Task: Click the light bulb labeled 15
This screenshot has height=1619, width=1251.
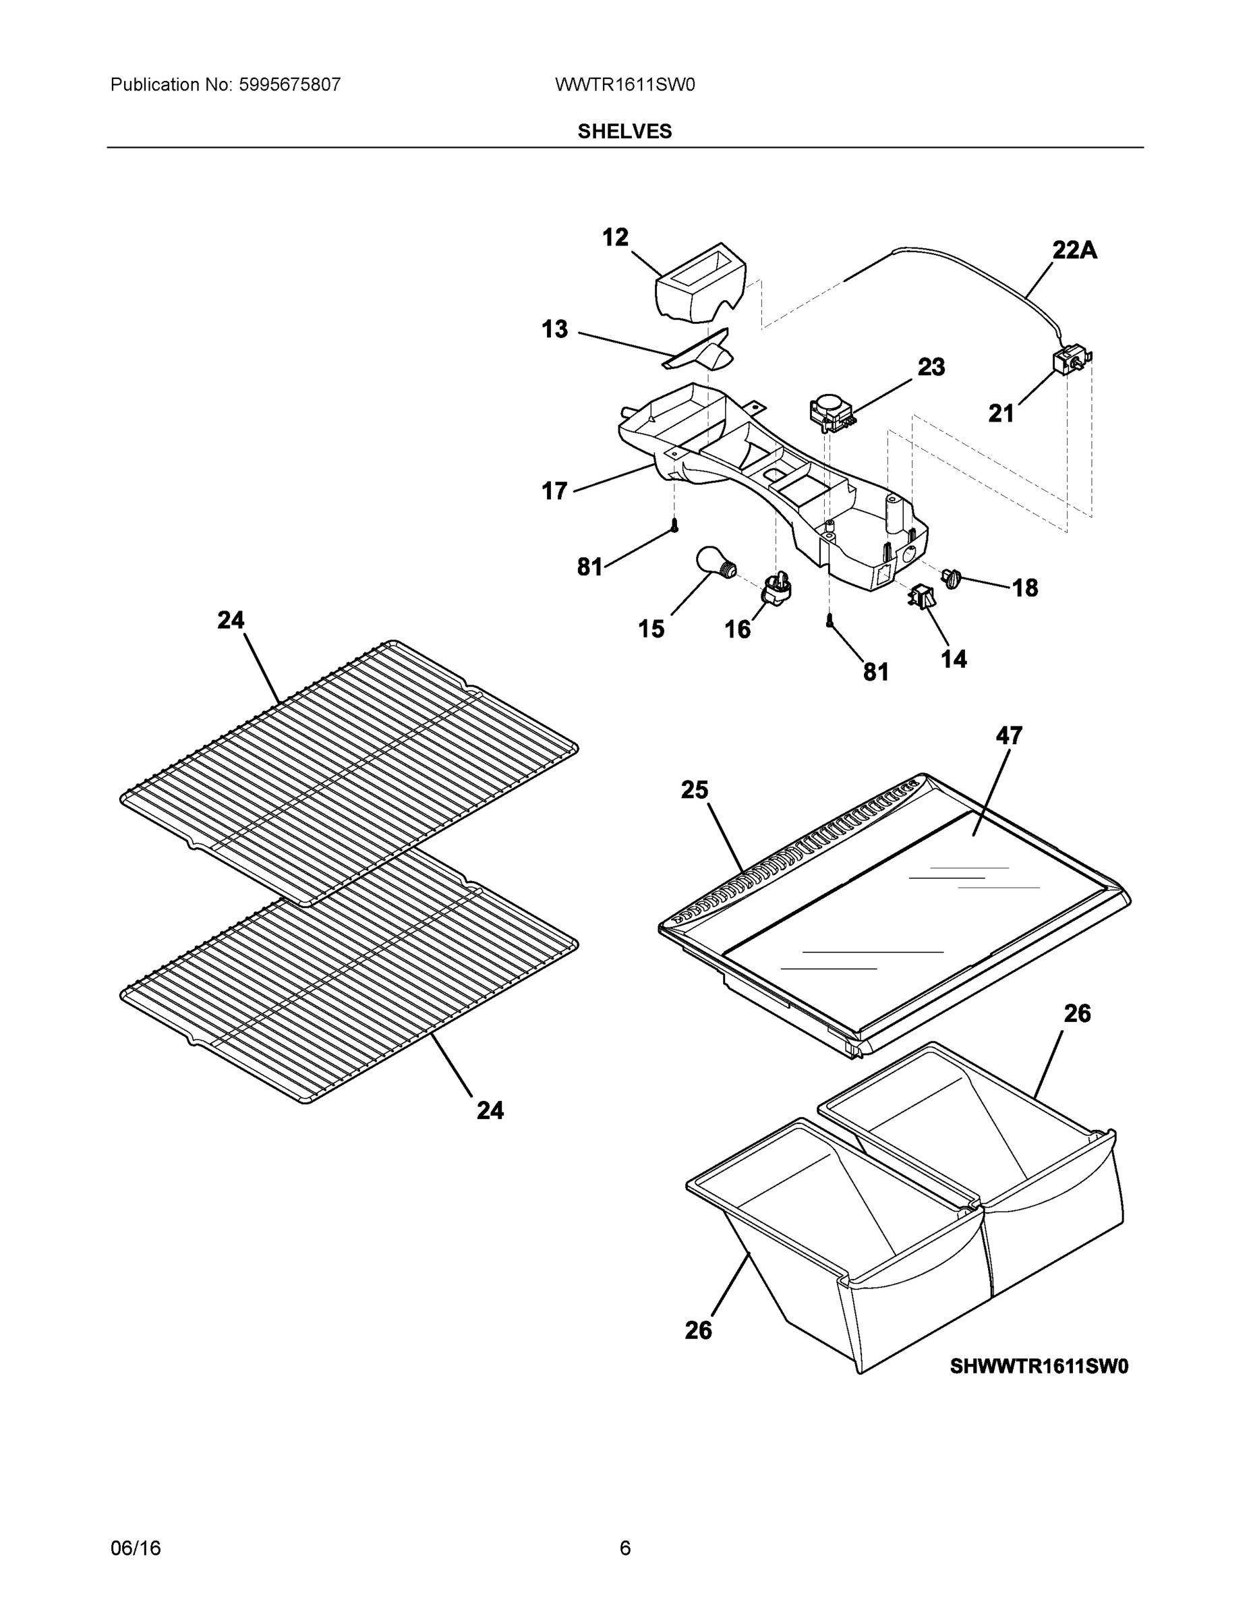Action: coord(714,563)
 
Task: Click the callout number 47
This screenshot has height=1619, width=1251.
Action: coord(1009,735)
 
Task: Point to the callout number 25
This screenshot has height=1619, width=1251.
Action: coord(695,790)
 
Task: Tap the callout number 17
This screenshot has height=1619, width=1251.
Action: coord(554,490)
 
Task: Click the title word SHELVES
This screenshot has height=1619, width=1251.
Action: coord(624,132)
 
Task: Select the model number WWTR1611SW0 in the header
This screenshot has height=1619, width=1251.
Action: coord(624,85)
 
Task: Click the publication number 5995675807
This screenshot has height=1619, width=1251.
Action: coord(289,85)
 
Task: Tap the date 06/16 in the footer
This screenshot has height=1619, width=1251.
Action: coord(136,1548)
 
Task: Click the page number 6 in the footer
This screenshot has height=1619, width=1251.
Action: coord(624,1548)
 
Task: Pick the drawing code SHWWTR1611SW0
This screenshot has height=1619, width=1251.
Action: coord(1039,1365)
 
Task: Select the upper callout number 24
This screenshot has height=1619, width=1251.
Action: coord(231,620)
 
